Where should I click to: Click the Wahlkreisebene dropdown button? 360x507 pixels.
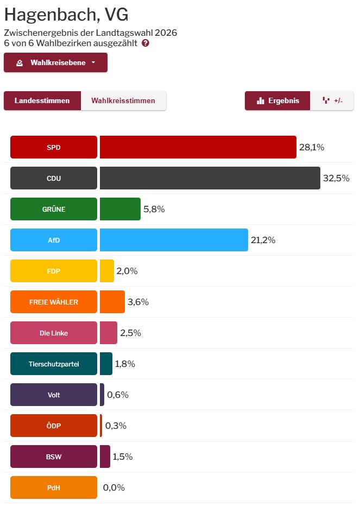point(55,62)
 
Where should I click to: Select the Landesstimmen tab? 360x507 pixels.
point(42,100)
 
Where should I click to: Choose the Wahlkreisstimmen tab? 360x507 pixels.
point(123,100)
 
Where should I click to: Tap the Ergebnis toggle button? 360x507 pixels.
point(277,100)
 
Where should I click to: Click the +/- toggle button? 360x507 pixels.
point(332,100)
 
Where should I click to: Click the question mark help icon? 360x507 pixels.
point(146,43)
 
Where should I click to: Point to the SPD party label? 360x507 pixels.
point(54,147)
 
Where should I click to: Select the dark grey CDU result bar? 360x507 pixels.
point(210,178)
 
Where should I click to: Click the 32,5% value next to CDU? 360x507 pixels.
point(336,178)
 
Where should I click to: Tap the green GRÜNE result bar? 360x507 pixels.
point(120,209)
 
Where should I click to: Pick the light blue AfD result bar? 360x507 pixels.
point(174,240)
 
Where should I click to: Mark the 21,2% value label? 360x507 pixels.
point(263,240)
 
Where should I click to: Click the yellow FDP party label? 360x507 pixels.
point(54,271)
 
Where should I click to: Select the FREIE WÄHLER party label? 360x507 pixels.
point(54,302)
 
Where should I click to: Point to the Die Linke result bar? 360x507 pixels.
point(108,333)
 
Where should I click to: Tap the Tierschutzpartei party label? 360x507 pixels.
point(54,364)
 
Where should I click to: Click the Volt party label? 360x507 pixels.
point(54,395)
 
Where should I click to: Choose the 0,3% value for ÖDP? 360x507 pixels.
point(115,426)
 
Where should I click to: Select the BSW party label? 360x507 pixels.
point(54,457)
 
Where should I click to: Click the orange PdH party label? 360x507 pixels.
point(54,487)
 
